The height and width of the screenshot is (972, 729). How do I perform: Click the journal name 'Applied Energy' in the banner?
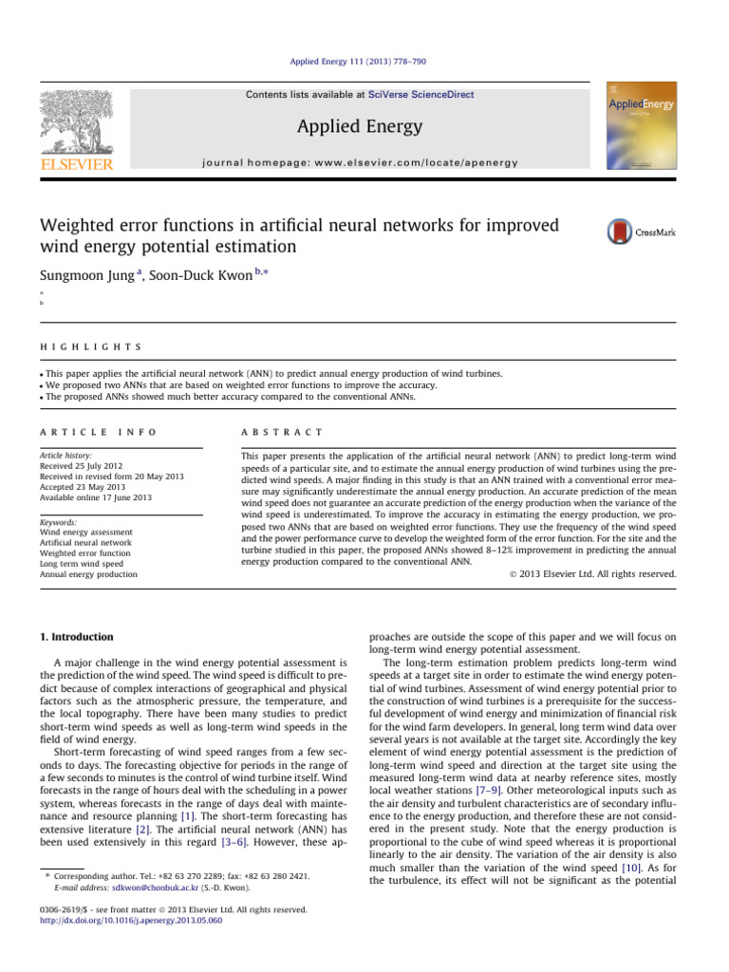click(x=361, y=126)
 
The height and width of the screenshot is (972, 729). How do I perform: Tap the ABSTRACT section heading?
click(x=284, y=431)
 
